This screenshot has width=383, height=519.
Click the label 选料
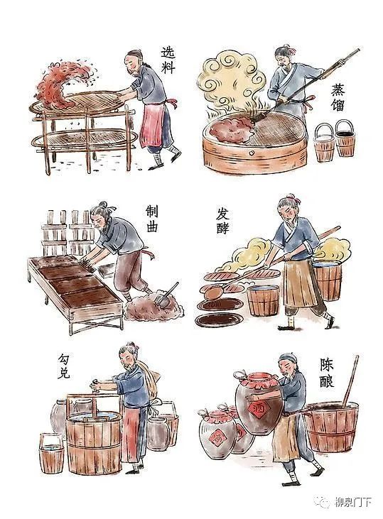[168, 60]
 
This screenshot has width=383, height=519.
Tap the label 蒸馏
[338, 98]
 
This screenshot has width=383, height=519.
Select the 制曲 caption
[151, 219]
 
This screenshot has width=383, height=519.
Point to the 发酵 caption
[222, 221]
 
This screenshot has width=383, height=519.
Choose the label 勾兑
[64, 366]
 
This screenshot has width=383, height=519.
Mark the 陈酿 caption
[327, 373]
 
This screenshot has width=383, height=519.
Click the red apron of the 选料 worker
[152, 124]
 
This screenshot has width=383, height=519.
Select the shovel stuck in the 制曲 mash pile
[166, 294]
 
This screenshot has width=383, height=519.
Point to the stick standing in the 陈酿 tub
[351, 381]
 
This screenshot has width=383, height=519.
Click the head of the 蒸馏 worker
[284, 56]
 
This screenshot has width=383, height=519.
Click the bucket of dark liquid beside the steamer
[345, 139]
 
